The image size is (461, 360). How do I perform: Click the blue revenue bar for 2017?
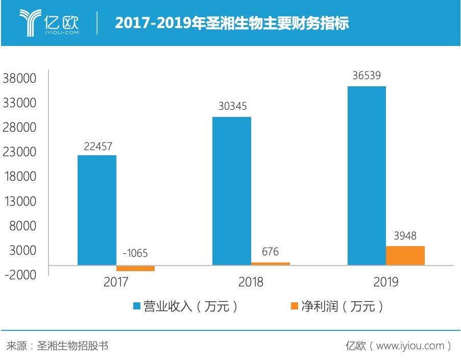click(96, 210)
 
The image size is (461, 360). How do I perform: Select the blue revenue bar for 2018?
click(231, 191)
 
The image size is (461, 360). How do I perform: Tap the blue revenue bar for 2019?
click(366, 176)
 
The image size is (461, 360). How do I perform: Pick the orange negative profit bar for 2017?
click(135, 268)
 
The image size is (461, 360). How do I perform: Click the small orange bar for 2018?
click(270, 263)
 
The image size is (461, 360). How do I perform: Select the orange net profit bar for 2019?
click(405, 255)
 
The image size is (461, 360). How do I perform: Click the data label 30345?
click(232, 107)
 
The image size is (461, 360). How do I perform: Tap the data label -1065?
click(135, 253)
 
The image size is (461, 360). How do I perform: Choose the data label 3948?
click(405, 236)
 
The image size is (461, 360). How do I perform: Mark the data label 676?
click(270, 251)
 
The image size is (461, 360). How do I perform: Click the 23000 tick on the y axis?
click(20, 152)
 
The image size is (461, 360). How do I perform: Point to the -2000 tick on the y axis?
click(20, 275)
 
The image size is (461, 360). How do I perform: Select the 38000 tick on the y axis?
click(20, 79)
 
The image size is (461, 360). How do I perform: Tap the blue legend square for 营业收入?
click(136, 306)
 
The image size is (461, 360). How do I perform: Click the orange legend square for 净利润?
click(294, 306)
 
